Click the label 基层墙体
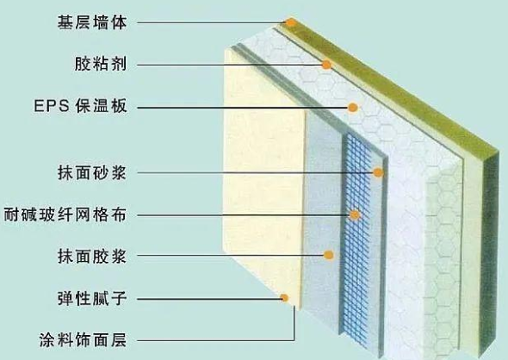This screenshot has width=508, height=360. (92, 22)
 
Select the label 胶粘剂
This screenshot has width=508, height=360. (101, 64)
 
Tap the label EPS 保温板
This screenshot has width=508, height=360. (80, 106)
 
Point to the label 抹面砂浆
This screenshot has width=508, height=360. (92, 172)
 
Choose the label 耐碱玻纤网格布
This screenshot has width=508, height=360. (65, 214)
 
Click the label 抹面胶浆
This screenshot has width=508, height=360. (92, 256)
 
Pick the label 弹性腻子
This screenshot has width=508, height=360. (92, 298)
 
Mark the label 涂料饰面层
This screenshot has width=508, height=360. (83, 340)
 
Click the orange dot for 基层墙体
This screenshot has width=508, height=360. (291, 22)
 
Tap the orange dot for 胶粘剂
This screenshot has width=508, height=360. (326, 65)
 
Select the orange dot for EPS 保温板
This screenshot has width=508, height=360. (352, 108)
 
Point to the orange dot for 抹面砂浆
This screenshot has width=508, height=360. (378, 172)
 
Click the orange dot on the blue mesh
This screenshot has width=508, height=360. (355, 214)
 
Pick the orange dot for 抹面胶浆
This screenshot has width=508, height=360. (329, 255)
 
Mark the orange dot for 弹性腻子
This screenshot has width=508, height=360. (284, 298)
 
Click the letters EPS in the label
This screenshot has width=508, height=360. (52, 106)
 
